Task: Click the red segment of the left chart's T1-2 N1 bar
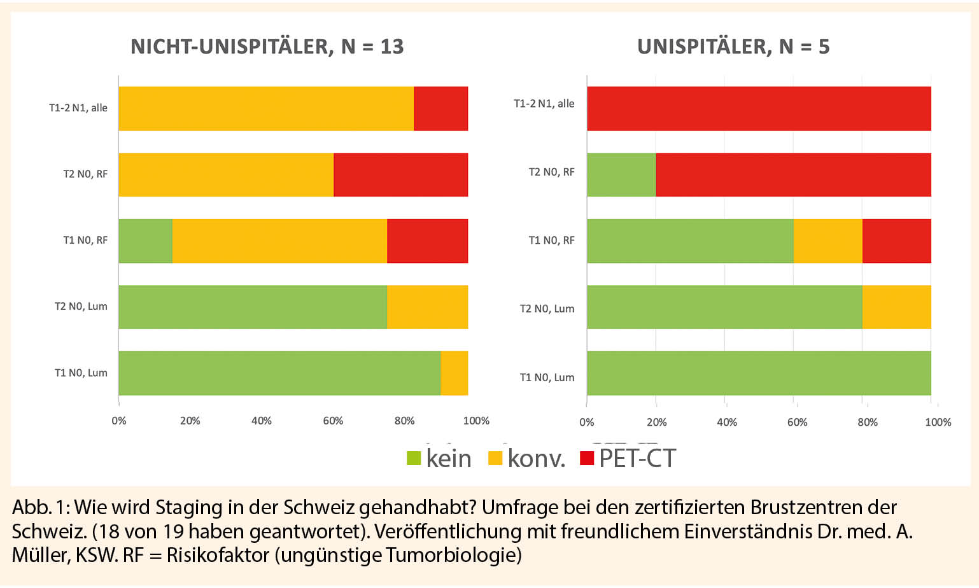click(x=440, y=109)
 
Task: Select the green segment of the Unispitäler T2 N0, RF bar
click(x=621, y=175)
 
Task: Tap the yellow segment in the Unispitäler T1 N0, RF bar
click(x=828, y=241)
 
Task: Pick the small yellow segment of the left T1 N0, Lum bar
click(x=454, y=374)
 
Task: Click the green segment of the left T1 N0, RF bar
click(x=145, y=241)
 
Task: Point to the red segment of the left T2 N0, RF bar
click(x=400, y=175)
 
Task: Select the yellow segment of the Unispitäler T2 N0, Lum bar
click(x=896, y=307)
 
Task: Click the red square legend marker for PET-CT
click(x=587, y=458)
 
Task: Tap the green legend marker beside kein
click(x=414, y=458)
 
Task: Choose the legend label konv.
click(x=536, y=459)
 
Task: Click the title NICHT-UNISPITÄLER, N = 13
click(x=267, y=47)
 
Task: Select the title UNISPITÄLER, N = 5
click(x=733, y=47)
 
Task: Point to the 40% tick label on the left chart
click(x=262, y=421)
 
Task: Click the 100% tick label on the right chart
click(x=938, y=423)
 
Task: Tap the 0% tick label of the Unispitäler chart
click(x=587, y=423)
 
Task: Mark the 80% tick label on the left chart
click(x=404, y=421)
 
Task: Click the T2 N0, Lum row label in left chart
click(x=81, y=307)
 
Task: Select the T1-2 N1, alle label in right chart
click(x=544, y=104)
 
